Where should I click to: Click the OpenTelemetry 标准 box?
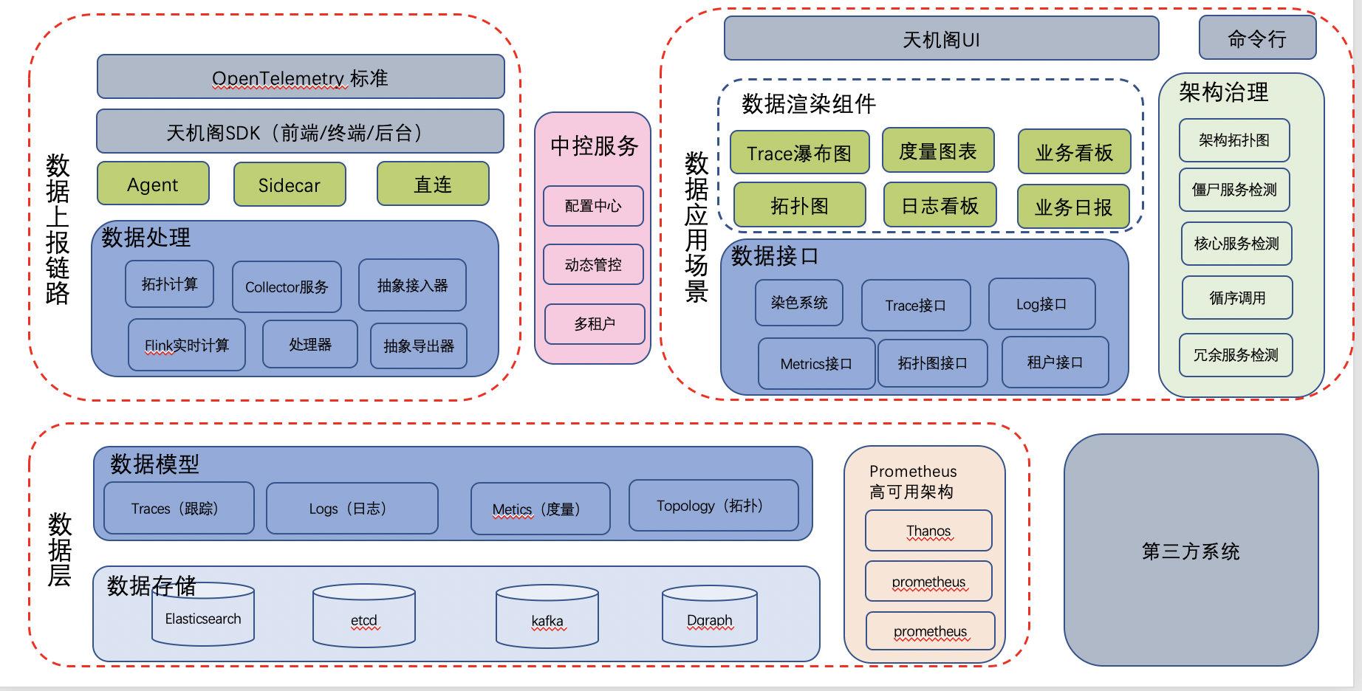point(301,77)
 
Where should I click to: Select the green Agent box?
point(153,184)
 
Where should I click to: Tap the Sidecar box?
point(290,185)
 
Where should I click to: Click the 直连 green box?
point(433,184)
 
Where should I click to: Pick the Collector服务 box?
point(287,286)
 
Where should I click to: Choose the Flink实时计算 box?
point(186,345)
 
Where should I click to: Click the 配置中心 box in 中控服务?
point(593,206)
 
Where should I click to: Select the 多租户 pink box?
point(595,323)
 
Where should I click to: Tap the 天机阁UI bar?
point(941,39)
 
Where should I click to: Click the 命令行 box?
point(1257,38)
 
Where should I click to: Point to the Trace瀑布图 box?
point(799,153)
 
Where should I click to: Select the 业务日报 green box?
point(1073,207)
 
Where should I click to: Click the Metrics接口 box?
point(816,363)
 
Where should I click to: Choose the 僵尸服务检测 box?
point(1233,190)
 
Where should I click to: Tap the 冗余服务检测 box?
point(1236,355)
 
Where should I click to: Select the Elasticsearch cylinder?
point(203,619)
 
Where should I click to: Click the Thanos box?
point(928,531)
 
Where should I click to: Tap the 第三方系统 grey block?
point(1191,551)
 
